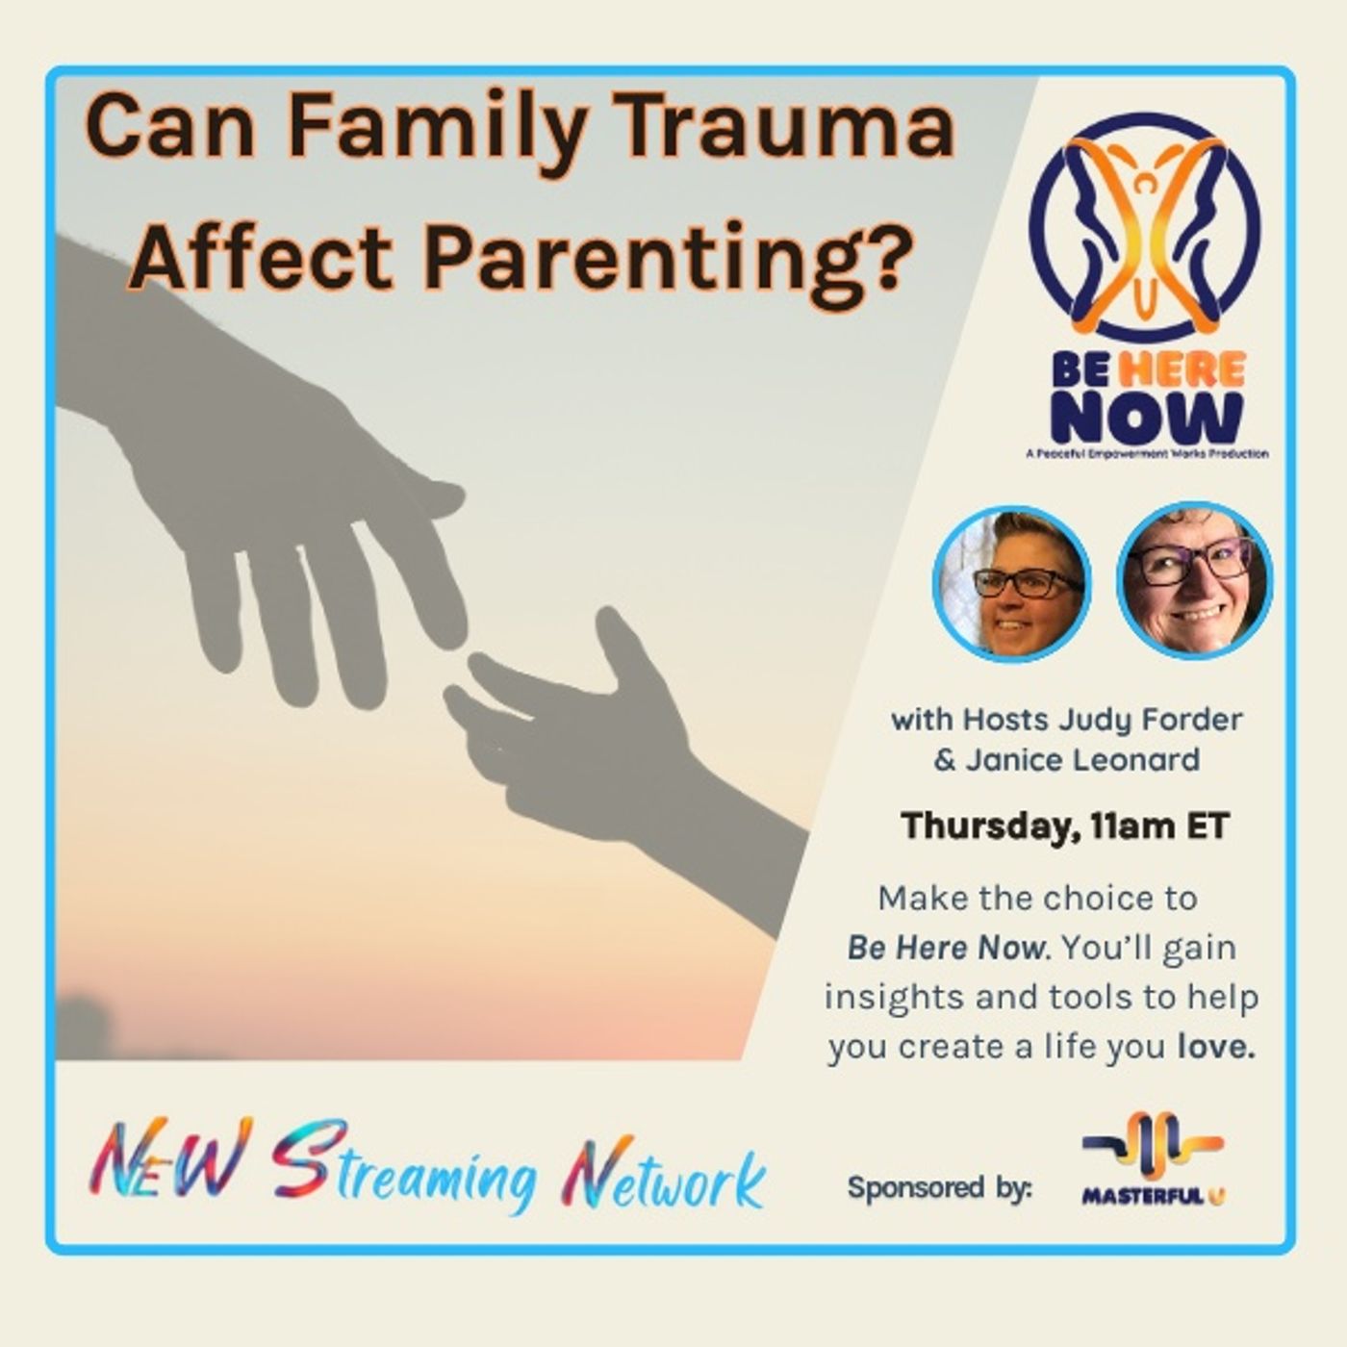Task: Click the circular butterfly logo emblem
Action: coord(1144,227)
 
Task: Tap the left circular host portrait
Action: coord(1010,582)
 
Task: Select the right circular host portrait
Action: coord(1195,579)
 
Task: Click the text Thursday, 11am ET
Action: coord(1065,826)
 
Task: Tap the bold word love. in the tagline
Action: coord(1216,1047)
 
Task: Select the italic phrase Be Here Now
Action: coord(945,948)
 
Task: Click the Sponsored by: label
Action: coord(939,1187)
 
